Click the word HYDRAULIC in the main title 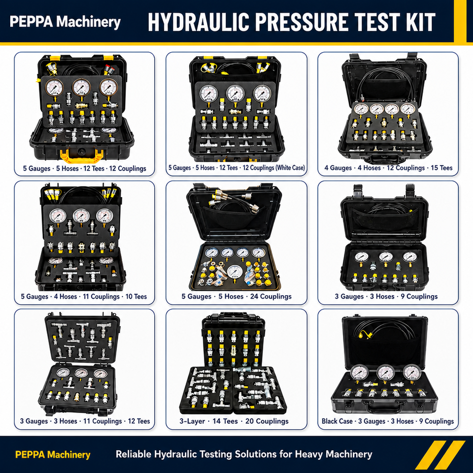click(199, 22)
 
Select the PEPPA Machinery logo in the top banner click(65, 22)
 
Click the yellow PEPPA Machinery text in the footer click(53, 454)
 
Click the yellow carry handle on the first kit click(81, 156)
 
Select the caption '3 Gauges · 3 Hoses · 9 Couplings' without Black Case click(386, 297)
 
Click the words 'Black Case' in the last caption click(337, 421)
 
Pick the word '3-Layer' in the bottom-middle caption click(192, 421)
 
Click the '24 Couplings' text click(271, 297)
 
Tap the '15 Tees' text click(441, 168)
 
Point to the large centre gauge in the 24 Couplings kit click(234, 272)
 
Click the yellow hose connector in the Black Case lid click(364, 334)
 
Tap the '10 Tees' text click(136, 297)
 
